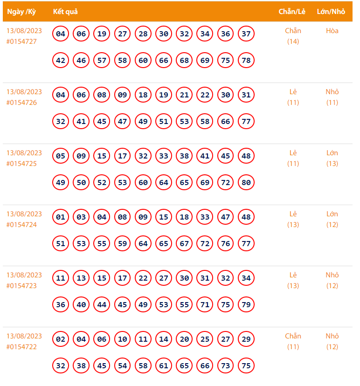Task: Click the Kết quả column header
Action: pyautogui.click(x=65, y=12)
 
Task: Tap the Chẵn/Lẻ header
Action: pyautogui.click(x=292, y=12)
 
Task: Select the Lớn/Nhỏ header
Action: pyautogui.click(x=331, y=12)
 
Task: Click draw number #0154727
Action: pyautogui.click(x=21, y=41)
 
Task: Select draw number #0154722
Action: pyautogui.click(x=21, y=347)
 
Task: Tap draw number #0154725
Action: pyautogui.click(x=21, y=164)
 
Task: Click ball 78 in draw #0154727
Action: pyautogui.click(x=246, y=61)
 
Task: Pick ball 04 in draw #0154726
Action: pyautogui.click(x=61, y=95)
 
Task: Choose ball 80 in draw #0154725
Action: pyautogui.click(x=246, y=183)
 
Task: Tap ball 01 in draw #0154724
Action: pyautogui.click(x=61, y=217)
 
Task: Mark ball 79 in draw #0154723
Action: pyautogui.click(x=246, y=305)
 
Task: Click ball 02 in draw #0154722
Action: pyautogui.click(x=61, y=339)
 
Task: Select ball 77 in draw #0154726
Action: pyautogui.click(x=246, y=122)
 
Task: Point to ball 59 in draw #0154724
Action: pyautogui.click(x=123, y=244)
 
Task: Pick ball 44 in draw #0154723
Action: pyautogui.click(x=102, y=305)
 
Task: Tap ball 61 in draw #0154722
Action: pyautogui.click(x=164, y=366)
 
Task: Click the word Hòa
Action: pyautogui.click(x=332, y=31)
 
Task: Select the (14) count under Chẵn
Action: pyautogui.click(x=293, y=41)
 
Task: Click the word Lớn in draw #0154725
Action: pyautogui.click(x=332, y=153)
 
